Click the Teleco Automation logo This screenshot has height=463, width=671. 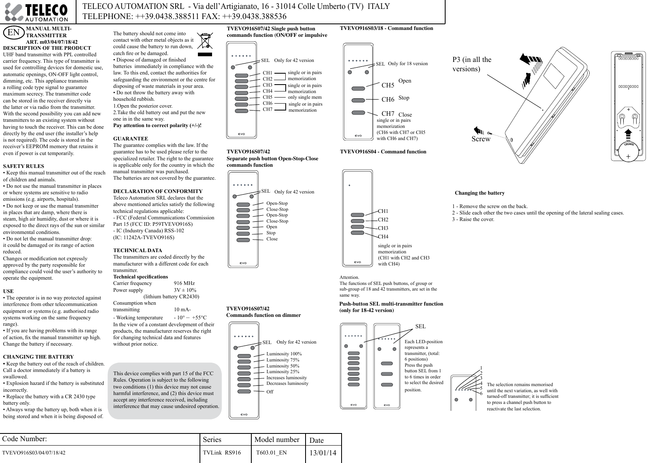click(38, 12)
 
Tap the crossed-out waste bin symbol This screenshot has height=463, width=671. click(205, 44)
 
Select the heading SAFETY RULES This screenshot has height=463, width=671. click(23, 166)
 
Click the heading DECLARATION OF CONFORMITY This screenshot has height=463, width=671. click(158, 191)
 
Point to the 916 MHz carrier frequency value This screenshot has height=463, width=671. click(184, 283)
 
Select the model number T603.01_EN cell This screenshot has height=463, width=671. click(272, 452)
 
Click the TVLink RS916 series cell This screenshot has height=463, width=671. click(222, 452)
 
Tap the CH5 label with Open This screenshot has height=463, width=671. click(388, 85)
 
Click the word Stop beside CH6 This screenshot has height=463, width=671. click(404, 98)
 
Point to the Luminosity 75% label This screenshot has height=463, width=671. click(283, 360)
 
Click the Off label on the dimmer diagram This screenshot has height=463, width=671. click(270, 392)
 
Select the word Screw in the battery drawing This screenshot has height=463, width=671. click(481, 139)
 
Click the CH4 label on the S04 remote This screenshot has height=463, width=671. click(383, 236)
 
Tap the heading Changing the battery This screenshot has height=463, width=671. click(480, 193)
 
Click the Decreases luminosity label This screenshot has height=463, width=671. click(287, 383)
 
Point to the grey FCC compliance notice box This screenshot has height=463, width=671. click(166, 390)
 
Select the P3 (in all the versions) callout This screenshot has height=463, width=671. click(471, 64)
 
